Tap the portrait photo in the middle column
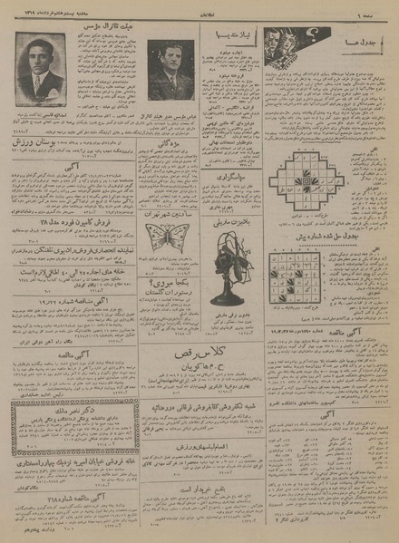(170, 68)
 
